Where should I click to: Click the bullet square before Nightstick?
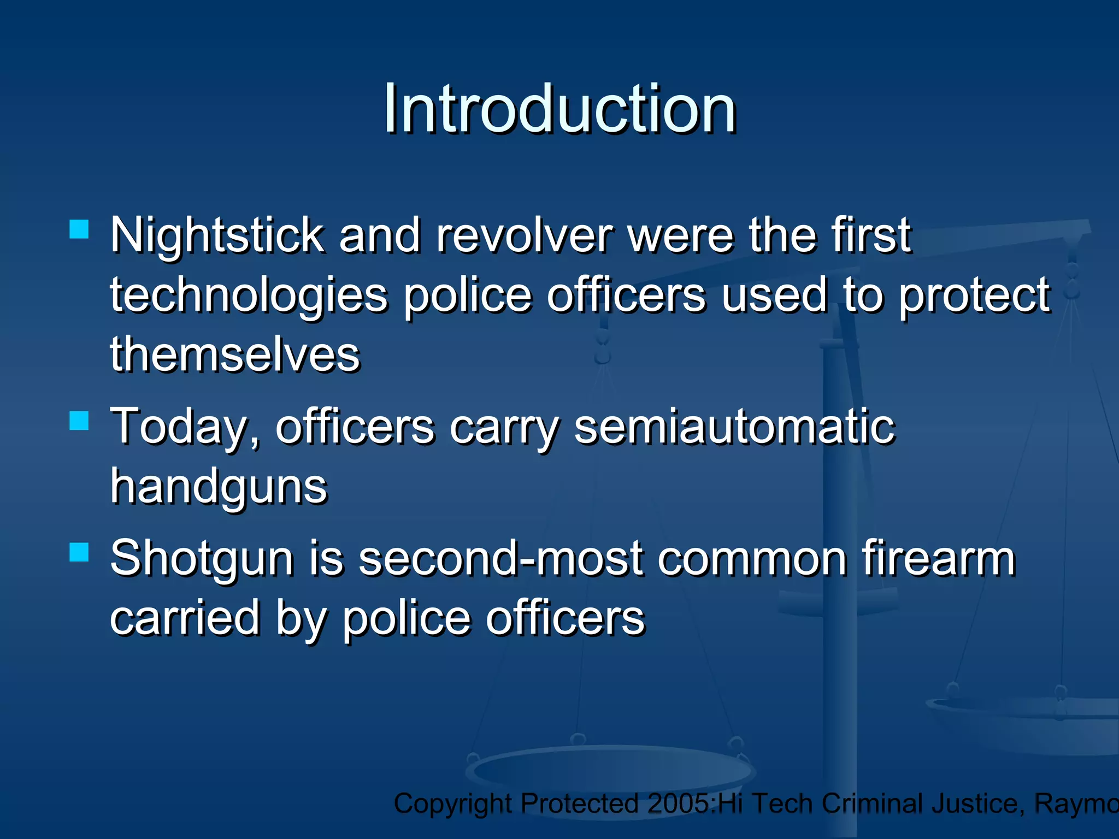pos(79,229)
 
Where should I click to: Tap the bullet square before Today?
pos(79,421)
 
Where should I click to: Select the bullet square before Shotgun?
pos(79,552)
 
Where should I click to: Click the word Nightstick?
pos(217,236)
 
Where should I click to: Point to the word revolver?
pos(525,236)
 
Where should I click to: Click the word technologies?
pos(249,296)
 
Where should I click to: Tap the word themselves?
pos(235,354)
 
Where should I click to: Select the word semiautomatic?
pos(735,427)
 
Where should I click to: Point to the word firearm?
pos(938,558)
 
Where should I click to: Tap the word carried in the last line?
pos(185,618)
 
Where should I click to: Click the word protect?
pos(974,296)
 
